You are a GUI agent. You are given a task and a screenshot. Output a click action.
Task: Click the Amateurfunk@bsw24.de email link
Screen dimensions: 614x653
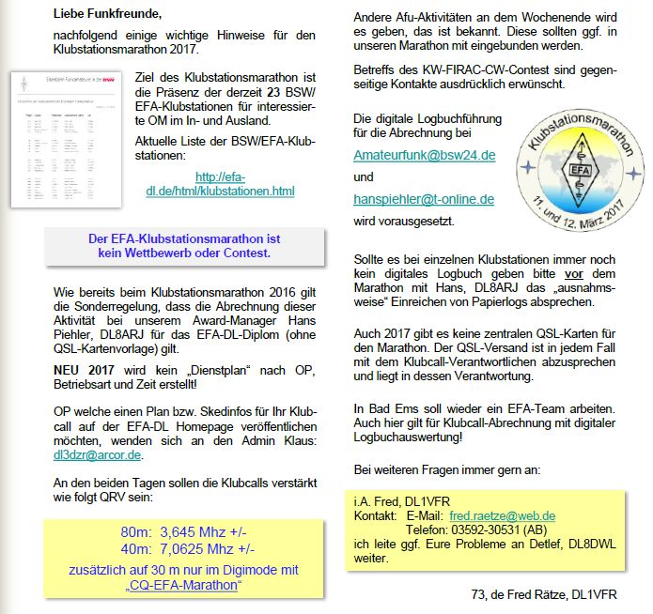[425, 154]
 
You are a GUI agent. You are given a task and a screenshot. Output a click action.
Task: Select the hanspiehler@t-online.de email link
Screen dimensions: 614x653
[424, 199]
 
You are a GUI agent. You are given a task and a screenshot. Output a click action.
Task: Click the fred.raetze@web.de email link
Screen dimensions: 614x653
[503, 515]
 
